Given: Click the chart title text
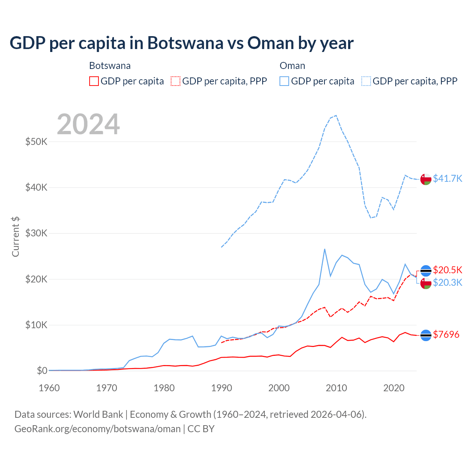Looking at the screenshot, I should (x=181, y=43).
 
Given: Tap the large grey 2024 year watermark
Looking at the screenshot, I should (x=88, y=124).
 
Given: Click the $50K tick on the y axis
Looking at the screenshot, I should (x=36, y=142).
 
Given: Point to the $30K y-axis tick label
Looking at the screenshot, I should (x=36, y=233).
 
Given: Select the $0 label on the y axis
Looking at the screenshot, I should (x=42, y=371).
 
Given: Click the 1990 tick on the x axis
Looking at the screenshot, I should (x=222, y=388).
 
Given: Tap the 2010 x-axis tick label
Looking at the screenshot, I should (x=336, y=388).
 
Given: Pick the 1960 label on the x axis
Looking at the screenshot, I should (x=49, y=388).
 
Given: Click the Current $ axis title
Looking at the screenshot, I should (x=15, y=237).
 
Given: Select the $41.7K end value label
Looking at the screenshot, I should (x=447, y=178).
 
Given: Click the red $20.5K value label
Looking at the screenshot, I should (x=447, y=270).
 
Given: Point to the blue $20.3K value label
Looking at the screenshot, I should (x=447, y=282).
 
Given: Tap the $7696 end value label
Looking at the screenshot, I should (x=446, y=334).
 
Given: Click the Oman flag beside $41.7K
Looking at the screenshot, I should (x=426, y=179).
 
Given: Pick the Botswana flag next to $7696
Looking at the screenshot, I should (x=426, y=335).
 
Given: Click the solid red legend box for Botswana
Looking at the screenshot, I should (x=94, y=81).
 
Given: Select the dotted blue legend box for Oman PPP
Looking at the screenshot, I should (x=366, y=81).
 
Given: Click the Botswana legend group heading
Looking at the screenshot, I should (x=110, y=66).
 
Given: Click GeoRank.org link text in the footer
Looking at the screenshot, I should (x=97, y=429).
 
